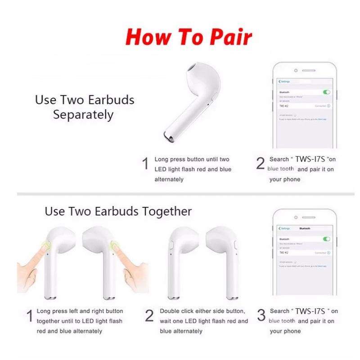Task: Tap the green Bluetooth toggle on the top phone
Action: coord(327,92)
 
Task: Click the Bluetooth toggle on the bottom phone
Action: coord(327,239)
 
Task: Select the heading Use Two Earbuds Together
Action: coord(118,211)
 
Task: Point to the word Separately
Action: coord(83,114)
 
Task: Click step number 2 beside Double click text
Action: coord(149,316)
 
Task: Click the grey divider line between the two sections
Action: coord(180,194)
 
